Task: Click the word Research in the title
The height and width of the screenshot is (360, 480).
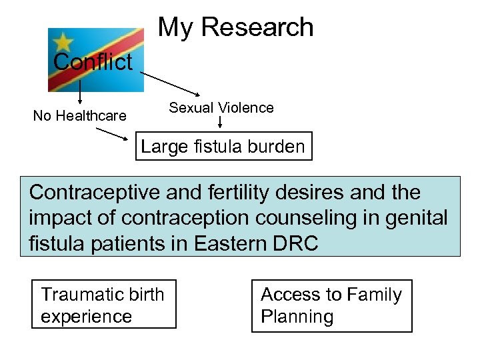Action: coord(257,27)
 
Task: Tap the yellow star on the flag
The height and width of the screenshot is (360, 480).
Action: coord(63,41)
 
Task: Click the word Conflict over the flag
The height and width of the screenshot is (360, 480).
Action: coord(93,62)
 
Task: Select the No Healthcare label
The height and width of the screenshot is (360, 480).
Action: coord(79,116)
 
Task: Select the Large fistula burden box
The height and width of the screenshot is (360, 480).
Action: coord(223,147)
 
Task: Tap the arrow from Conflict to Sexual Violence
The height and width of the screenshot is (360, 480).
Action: coord(170,83)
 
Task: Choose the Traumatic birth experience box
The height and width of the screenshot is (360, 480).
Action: coord(104,305)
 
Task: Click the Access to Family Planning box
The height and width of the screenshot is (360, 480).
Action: coord(331,305)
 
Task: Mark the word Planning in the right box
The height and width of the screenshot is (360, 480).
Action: coord(297,316)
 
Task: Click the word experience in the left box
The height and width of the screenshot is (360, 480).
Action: coord(87,316)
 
